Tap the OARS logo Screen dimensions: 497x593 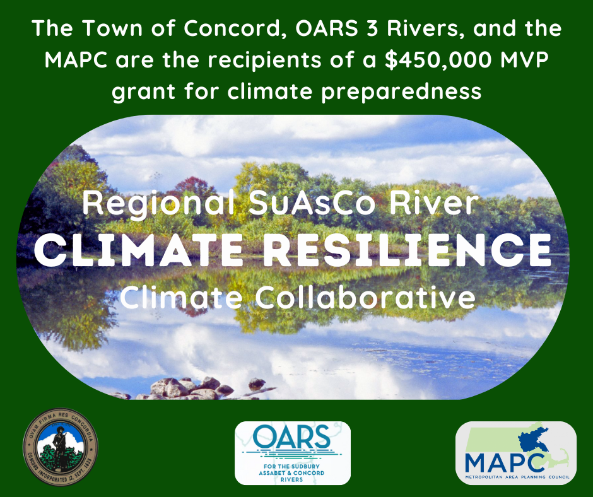tap(292, 453)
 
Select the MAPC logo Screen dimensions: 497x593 tap(515, 453)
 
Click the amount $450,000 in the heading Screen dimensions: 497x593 tap(424, 61)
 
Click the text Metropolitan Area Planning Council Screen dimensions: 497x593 tap(516, 477)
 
